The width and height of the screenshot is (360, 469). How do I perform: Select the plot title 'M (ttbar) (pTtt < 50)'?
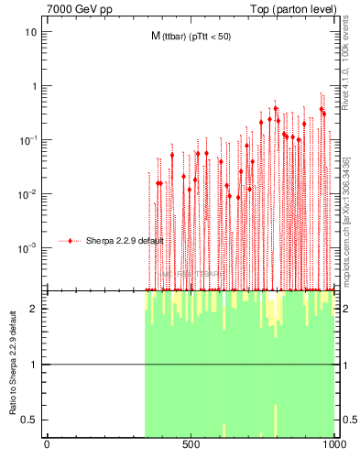click(198, 37)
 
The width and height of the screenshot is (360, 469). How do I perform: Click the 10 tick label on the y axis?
click(30, 32)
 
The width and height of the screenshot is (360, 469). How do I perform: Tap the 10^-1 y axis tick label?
click(27, 139)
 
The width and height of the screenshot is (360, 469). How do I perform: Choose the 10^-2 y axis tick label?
click(27, 193)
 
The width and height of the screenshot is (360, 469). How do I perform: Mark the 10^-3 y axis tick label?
click(27, 247)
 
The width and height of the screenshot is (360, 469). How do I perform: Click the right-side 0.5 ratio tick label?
click(348, 420)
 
